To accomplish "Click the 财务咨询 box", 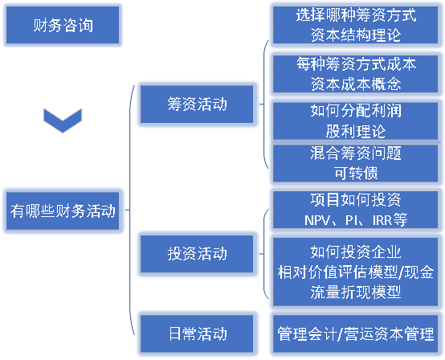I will coord(63,25).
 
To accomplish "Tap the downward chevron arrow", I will coord(63,121).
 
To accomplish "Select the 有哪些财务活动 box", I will coord(63,211).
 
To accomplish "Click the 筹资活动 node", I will coord(197,104).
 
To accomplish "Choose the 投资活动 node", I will coord(197,253).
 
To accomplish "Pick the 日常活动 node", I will coord(197,333).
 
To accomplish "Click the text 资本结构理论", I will coord(355,35).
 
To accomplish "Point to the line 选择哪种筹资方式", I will coord(355,15).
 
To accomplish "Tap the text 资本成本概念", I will coord(355,84).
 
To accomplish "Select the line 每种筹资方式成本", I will coord(355,64).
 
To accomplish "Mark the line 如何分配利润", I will coord(355,110).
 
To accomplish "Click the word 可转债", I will coord(355,172).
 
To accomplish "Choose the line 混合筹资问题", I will coord(355,153).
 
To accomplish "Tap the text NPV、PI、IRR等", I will coord(355,219).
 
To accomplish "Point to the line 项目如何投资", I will coord(355,199).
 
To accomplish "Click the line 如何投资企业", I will coord(355,252).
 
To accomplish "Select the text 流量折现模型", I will coord(355,292).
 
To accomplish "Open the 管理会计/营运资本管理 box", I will coord(355,333).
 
